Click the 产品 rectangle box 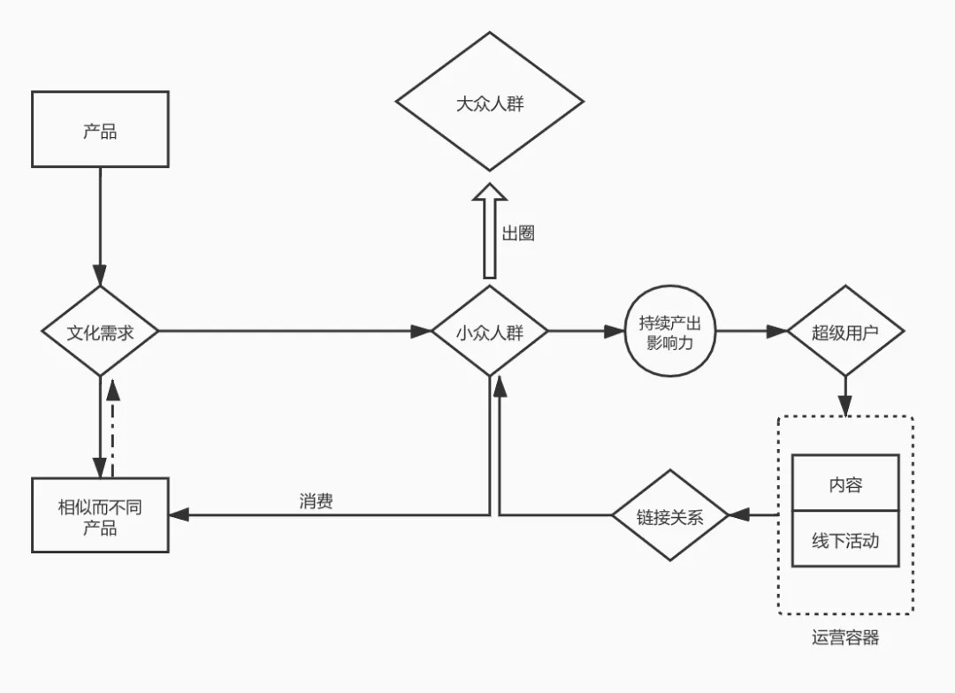pos(100,129)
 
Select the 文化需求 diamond pos(100,331)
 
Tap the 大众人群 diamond pos(489,103)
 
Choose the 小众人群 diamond pos(489,331)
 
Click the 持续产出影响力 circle pos(669,331)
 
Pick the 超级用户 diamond pos(845,331)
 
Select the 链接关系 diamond pos(669,515)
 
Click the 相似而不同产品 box pos(100,515)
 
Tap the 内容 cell pos(845,484)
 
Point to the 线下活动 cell pos(845,539)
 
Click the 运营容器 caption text pos(845,637)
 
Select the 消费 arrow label pos(316,501)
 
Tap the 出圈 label pos(518,233)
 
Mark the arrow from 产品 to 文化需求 pos(100,225)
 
